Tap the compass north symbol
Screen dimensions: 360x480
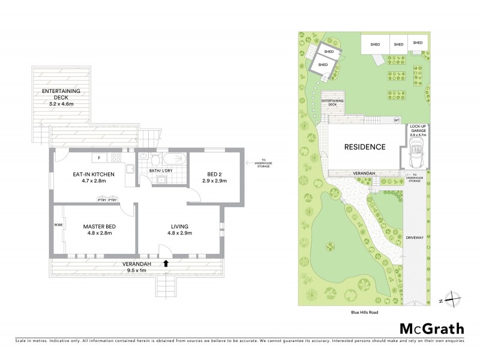(x=454, y=299)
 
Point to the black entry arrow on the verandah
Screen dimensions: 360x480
(x=166, y=262)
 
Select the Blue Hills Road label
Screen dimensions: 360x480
(x=364, y=312)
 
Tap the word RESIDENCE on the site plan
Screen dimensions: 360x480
(x=364, y=146)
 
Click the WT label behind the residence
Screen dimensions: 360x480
(x=396, y=120)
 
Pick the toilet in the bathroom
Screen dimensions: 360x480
(x=155, y=160)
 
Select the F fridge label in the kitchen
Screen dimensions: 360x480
(x=98, y=158)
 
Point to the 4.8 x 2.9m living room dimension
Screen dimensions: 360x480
(x=179, y=233)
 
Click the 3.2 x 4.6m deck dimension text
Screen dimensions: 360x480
(x=61, y=104)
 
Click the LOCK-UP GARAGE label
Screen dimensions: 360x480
(x=418, y=130)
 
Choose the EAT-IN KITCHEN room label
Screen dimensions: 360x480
(x=89, y=173)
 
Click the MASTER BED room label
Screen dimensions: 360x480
(x=98, y=226)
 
